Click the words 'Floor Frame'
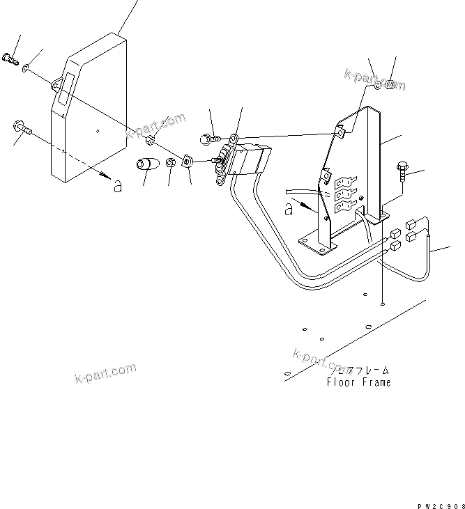(358, 382)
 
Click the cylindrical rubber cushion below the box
(146, 167)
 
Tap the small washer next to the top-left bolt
(26, 68)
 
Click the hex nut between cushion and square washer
(171, 164)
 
